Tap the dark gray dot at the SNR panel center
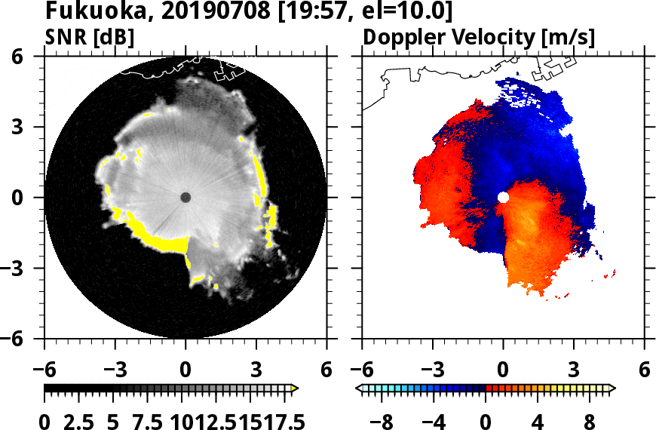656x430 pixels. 185,197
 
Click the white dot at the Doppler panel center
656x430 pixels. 503,197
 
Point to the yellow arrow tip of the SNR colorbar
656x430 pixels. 295,389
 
